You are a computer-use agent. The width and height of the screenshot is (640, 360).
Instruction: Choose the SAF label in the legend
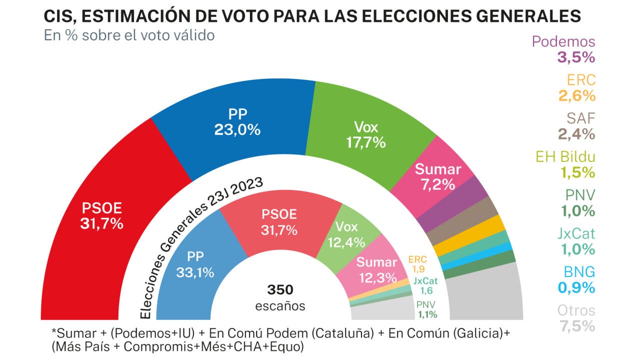click(x=581, y=118)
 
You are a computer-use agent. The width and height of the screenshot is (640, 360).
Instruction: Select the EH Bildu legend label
click(x=565, y=156)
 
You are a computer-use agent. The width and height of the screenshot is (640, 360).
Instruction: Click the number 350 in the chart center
click(x=280, y=289)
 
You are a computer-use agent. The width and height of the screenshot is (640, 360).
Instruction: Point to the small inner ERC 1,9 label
click(x=417, y=264)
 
